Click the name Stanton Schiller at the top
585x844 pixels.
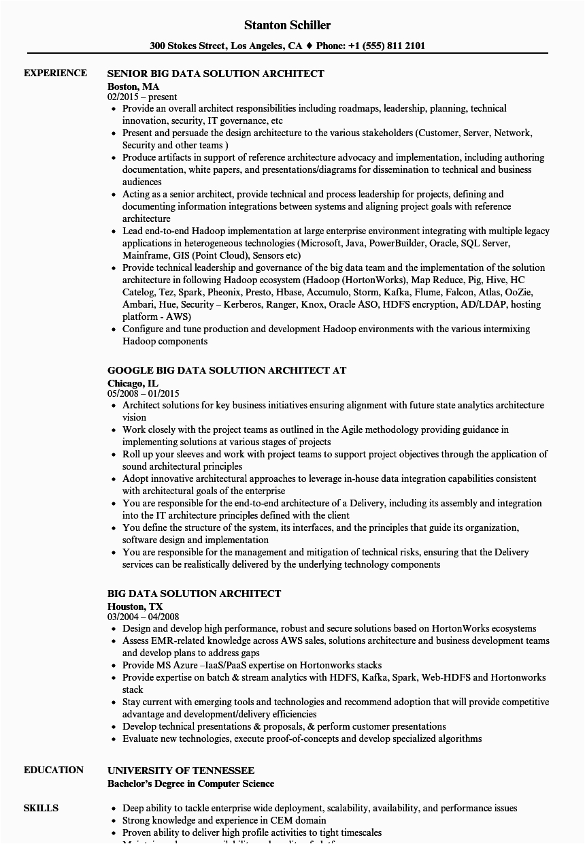[288, 25]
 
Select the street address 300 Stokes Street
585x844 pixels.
[187, 46]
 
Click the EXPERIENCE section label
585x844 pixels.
[55, 73]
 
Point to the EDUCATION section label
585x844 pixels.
[54, 770]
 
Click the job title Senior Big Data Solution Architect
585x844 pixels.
[216, 74]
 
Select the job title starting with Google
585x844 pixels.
[227, 370]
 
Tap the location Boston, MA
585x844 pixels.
[133, 86]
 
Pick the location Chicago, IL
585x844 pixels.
[133, 383]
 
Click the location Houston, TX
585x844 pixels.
[135, 606]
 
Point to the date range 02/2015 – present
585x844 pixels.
[142, 97]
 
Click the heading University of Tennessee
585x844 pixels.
[181, 770]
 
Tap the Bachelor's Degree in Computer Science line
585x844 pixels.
[191, 784]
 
